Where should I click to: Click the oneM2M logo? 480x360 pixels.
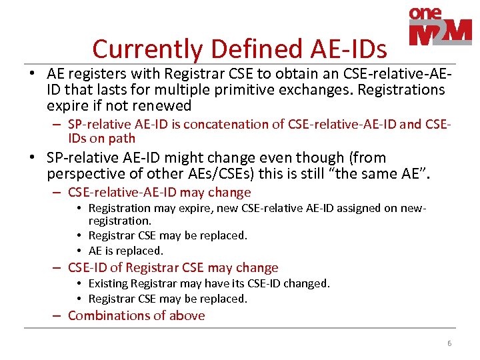[440, 27]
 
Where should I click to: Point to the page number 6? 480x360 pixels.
[449, 343]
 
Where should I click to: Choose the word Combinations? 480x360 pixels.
[109, 315]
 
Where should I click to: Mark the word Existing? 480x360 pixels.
[109, 283]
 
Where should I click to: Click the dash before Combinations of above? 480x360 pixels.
[59, 315]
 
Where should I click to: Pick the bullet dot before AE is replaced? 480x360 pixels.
[79, 251]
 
